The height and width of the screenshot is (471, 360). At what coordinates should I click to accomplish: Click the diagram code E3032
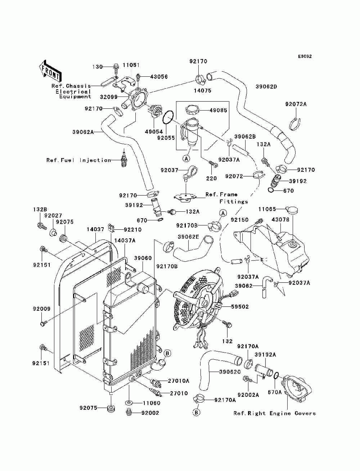(x=305, y=57)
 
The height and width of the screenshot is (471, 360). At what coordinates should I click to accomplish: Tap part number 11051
(x=131, y=65)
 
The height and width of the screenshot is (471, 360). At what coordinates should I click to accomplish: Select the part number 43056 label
(x=159, y=77)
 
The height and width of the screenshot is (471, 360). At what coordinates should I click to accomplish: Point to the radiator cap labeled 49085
(x=193, y=111)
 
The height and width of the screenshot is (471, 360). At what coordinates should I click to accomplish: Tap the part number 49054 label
(x=154, y=131)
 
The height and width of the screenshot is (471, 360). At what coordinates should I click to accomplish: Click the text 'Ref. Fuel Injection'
(x=79, y=160)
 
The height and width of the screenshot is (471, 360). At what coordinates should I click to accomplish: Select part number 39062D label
(x=266, y=86)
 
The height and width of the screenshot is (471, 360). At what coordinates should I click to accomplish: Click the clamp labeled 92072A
(x=295, y=124)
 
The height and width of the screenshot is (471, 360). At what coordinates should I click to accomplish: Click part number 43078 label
(x=280, y=220)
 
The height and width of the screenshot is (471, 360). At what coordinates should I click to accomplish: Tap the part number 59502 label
(x=240, y=307)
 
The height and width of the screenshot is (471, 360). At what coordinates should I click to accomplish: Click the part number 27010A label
(x=179, y=381)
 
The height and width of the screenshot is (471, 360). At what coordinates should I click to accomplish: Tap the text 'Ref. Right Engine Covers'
(x=275, y=413)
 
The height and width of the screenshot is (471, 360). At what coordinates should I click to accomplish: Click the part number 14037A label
(x=125, y=240)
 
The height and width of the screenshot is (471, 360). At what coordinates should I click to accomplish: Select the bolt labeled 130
(x=116, y=67)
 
